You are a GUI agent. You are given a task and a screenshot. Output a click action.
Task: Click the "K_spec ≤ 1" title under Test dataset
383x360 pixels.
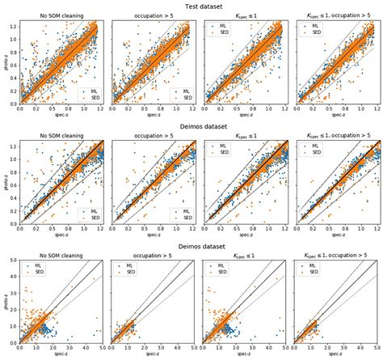[243, 16]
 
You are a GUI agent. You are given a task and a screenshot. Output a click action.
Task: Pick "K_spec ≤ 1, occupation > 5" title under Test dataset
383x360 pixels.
[335, 16]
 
